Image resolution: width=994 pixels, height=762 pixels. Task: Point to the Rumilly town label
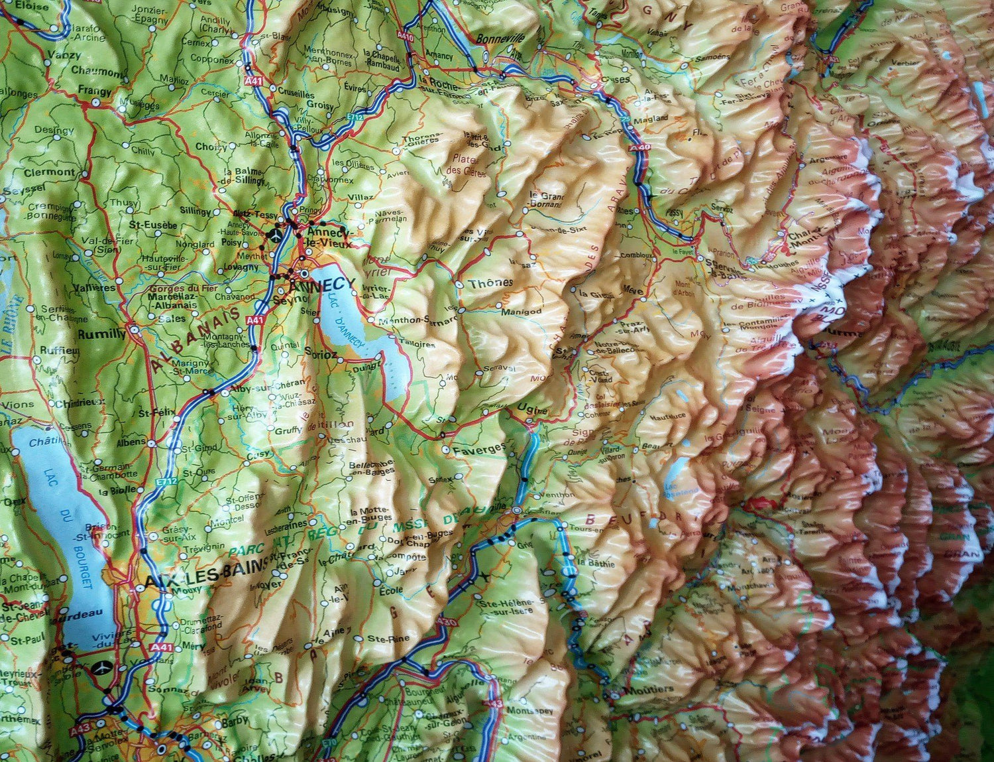click(x=101, y=334)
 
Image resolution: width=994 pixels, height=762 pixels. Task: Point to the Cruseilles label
click(x=296, y=92)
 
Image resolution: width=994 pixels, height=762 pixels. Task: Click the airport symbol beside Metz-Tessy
click(x=275, y=234)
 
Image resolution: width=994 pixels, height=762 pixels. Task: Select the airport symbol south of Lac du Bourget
click(x=103, y=667)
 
